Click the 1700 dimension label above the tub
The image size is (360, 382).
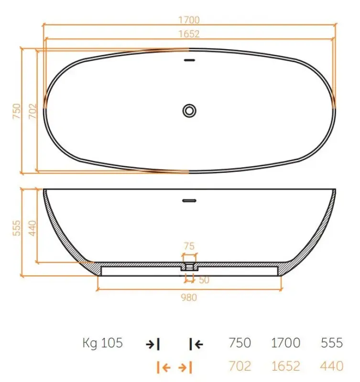pos(189,20)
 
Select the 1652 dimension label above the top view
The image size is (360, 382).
pos(189,34)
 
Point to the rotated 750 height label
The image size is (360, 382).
pos(16,110)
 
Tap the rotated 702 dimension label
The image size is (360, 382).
pos(32,110)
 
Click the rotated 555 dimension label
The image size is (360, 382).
pos(16,227)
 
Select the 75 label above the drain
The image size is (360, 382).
pos(189,246)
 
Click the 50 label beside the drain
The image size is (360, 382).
pos(204,280)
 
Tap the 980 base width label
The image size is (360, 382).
pos(189,297)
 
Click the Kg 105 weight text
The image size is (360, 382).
pos(102,343)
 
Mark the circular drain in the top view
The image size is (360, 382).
pos(189,110)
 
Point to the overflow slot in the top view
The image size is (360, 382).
pos(189,60)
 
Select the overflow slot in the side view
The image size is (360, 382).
pos(189,201)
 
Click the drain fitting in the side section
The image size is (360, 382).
pos(189,266)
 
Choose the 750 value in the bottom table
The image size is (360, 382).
pos(240,343)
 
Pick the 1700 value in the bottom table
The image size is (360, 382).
pos(285,343)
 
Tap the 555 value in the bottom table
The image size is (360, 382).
pos(332,343)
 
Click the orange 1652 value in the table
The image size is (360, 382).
pos(285,366)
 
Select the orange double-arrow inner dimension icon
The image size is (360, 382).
pos(175,367)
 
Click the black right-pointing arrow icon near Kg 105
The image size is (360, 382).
pos(153,343)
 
